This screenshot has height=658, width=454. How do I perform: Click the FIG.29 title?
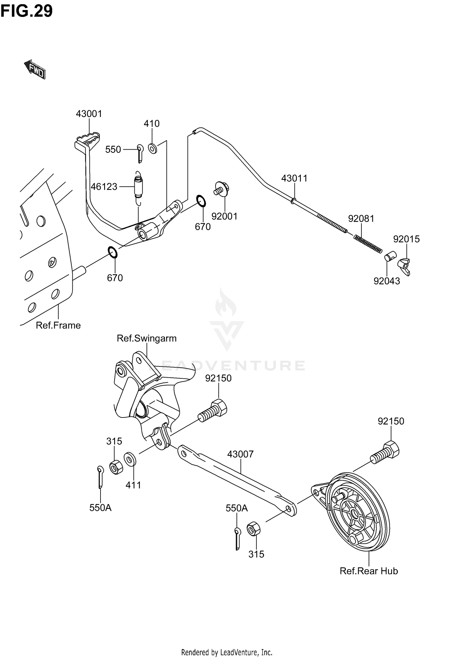pos(27,11)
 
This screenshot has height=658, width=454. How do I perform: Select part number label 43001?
pos(89,114)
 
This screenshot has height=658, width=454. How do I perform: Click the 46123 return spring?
pos(139,186)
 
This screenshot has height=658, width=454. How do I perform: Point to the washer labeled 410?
pos(153,148)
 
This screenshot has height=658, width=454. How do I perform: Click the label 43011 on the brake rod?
pos(294,178)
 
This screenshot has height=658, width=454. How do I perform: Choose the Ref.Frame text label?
pos(58,325)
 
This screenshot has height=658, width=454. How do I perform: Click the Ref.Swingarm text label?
pos(146,338)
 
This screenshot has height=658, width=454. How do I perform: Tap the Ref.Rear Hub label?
pos(369,571)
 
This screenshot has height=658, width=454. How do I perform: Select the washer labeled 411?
pos(130,459)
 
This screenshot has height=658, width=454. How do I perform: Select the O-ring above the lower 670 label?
pos(112,252)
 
